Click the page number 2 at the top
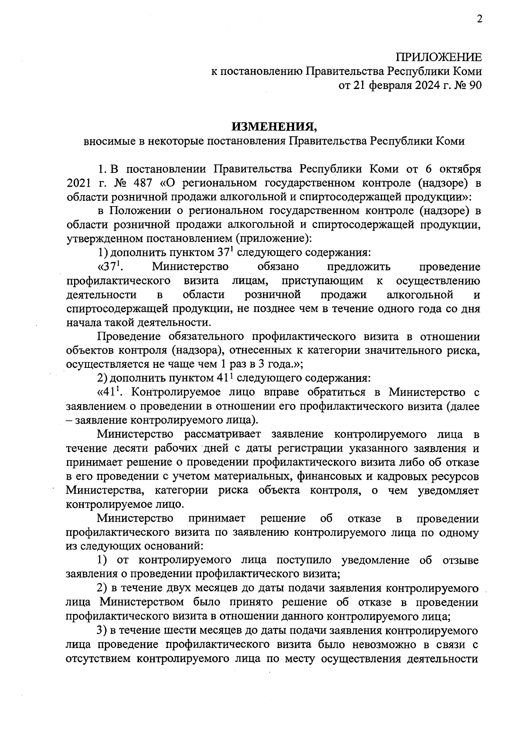click(479, 19)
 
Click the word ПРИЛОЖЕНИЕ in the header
click(438, 57)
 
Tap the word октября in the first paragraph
click(461, 169)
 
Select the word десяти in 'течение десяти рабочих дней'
click(126, 449)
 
